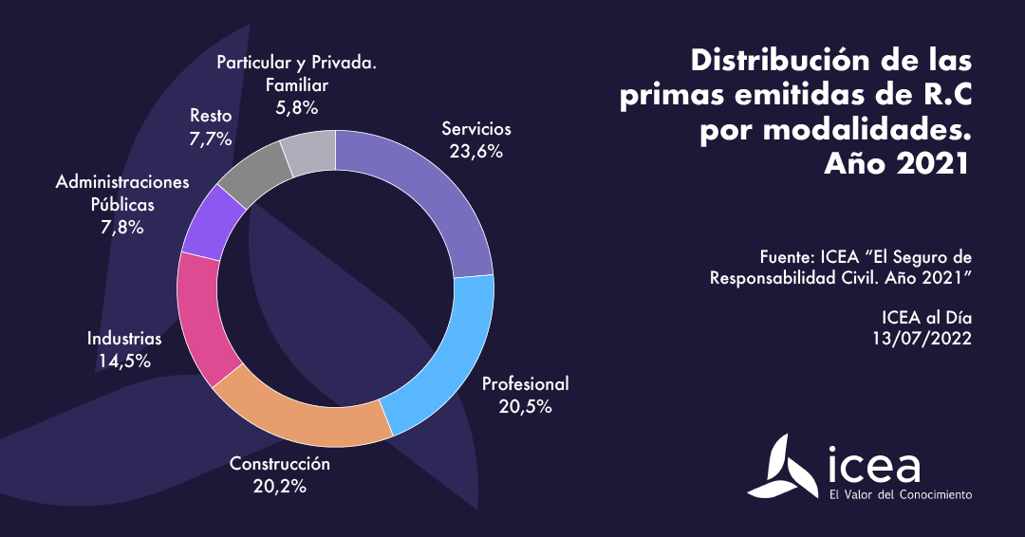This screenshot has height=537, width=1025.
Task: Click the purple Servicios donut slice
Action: tap(437, 190)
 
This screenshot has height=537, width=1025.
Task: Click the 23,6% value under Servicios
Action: tap(476, 151)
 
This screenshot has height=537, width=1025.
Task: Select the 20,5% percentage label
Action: tap(525, 407)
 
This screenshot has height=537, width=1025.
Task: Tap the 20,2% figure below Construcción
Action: tap(280, 487)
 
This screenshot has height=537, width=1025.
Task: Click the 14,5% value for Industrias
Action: tap(124, 361)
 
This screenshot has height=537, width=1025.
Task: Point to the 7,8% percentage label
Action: tap(122, 227)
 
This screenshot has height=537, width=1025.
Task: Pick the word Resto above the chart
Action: tap(211, 116)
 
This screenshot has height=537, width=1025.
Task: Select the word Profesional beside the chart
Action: tap(525, 384)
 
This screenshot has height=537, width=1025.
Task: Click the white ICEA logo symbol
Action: tap(792, 466)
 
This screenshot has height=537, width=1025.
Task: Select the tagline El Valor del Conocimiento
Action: tap(901, 494)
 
